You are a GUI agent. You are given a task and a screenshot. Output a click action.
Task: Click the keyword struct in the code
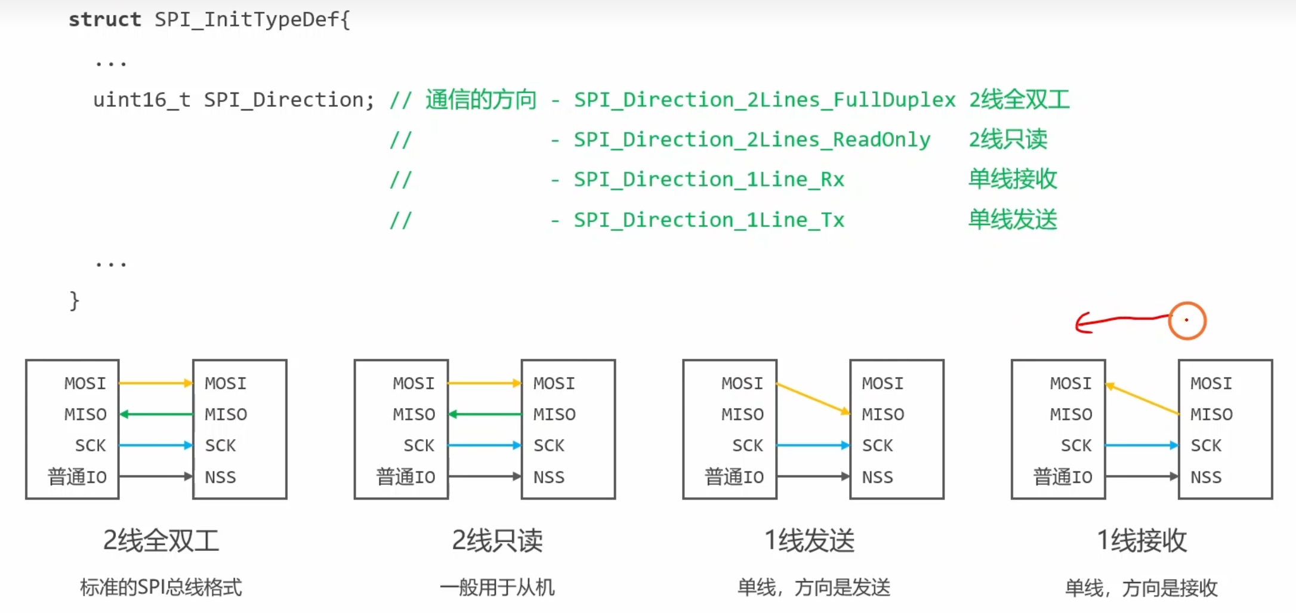coord(104,20)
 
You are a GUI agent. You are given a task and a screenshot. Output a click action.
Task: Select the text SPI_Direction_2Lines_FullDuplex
coord(764,100)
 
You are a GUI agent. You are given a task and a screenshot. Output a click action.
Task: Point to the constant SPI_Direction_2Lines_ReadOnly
coord(752,140)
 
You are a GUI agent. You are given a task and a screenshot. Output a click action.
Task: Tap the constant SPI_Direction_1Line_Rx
coord(709,180)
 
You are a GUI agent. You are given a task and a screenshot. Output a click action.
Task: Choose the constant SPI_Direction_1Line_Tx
coord(709,220)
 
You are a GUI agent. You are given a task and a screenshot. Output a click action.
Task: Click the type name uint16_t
coord(141,100)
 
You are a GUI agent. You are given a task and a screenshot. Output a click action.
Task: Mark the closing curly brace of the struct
coord(74,300)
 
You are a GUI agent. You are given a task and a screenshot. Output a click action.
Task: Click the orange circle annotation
coord(1187,321)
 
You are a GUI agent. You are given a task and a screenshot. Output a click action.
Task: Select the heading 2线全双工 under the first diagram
coord(161,541)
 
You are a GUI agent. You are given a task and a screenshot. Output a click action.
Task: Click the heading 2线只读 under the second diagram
coord(497,541)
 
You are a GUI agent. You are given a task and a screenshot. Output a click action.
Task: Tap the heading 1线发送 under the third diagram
coord(810,541)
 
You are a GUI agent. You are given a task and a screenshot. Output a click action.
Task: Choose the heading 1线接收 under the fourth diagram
coord(1141,541)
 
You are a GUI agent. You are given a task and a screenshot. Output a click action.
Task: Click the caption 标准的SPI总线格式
coord(161,587)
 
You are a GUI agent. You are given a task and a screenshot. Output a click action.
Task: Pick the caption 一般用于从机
coord(497,587)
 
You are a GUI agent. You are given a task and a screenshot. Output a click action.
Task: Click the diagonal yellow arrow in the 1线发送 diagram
coord(813,398)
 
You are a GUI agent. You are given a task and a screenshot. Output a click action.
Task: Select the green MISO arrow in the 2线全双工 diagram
coord(156,414)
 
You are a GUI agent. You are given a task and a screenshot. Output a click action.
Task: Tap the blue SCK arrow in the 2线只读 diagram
coord(485,445)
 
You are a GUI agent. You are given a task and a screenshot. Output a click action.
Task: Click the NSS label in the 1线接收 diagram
coord(1206,477)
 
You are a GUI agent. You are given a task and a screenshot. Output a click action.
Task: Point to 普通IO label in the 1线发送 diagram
coord(734,477)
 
